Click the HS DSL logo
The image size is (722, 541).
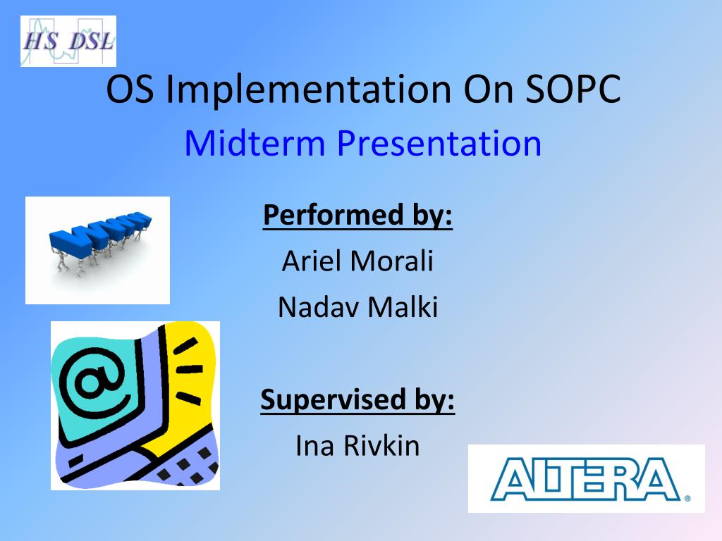click(x=68, y=41)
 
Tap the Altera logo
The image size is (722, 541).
click(x=586, y=478)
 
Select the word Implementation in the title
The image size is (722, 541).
click(x=308, y=90)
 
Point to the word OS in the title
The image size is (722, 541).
click(x=130, y=89)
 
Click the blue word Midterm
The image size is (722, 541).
click(x=255, y=143)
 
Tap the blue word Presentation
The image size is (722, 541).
click(x=439, y=144)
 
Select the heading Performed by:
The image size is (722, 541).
click(x=357, y=215)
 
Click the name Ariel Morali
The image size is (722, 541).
click(x=357, y=261)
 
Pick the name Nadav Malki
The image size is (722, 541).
click(x=357, y=307)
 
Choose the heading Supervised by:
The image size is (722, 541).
click(x=357, y=399)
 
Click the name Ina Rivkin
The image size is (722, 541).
click(x=357, y=445)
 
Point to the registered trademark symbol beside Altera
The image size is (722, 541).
click(x=687, y=498)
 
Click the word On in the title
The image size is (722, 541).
click(x=488, y=89)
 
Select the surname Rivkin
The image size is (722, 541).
click(x=381, y=445)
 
